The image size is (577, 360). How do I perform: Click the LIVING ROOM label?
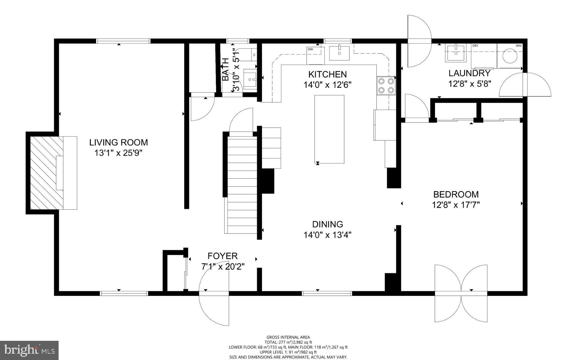[118, 143]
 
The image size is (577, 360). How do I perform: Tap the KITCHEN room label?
[327, 75]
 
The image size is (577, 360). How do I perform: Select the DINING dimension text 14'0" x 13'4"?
[327, 235]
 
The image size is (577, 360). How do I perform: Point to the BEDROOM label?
[455, 194]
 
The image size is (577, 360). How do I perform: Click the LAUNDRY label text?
[469, 73]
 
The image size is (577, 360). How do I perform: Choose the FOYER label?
[223, 256]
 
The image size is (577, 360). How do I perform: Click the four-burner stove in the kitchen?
[386, 86]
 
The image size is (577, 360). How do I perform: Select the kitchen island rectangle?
[329, 129]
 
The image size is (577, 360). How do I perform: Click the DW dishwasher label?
[310, 49]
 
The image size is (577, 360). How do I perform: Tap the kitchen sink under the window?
[339, 53]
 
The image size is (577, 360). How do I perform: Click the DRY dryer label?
[475, 46]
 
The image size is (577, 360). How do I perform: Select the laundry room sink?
[455, 53]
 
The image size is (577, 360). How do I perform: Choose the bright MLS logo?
[30, 350]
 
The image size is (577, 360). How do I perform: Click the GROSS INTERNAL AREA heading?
[288, 337]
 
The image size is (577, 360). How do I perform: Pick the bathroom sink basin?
[250, 80]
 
